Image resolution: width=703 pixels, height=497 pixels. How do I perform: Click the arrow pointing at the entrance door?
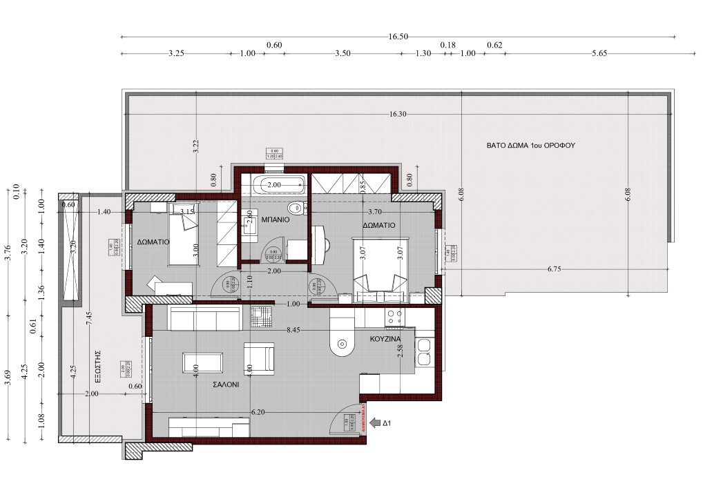pos(375,423)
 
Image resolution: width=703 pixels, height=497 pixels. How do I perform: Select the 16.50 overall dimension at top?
pos(398,37)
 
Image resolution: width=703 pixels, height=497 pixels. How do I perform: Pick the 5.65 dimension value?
pos(598,55)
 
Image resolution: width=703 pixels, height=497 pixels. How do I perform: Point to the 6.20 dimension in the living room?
pos(257,412)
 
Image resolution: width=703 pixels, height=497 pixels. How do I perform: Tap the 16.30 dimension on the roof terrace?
pos(398,115)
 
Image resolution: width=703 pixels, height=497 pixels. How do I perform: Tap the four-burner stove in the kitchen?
pos(394,317)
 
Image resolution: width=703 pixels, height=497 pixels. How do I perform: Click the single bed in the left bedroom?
pos(183,239)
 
